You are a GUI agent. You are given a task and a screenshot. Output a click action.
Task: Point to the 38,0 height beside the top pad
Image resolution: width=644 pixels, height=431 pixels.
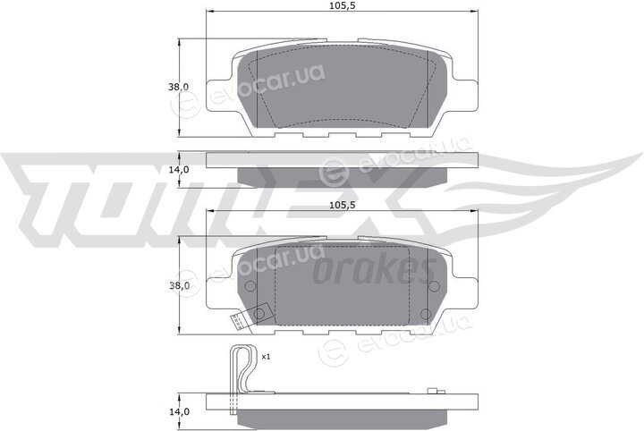[178, 87]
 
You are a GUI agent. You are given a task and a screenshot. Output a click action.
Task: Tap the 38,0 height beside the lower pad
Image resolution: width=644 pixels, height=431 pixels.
[179, 285]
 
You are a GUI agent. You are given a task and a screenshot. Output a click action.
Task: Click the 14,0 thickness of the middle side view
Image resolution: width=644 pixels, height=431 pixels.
[178, 170]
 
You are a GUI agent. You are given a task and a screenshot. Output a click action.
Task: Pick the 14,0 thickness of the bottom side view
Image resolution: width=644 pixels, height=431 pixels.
[179, 411]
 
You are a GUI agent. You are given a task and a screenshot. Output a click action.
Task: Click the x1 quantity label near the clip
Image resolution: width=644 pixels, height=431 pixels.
[266, 357]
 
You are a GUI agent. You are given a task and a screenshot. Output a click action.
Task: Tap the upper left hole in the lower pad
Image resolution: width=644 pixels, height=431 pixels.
[250, 285]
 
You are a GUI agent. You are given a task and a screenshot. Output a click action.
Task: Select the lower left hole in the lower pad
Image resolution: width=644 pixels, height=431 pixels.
[258, 315]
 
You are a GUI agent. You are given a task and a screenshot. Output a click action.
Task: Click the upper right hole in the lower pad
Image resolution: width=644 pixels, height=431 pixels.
[434, 285]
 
